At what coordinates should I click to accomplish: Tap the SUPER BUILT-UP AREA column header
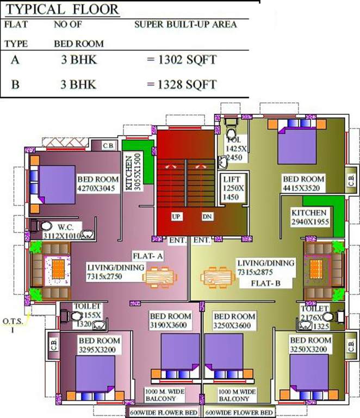tap(185, 25)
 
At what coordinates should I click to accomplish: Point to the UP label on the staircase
tap(176, 217)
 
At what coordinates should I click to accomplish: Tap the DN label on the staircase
tap(207, 217)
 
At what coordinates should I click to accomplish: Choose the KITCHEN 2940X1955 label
tap(309, 217)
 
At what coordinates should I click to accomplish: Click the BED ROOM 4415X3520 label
tap(303, 183)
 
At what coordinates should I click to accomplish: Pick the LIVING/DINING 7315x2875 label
tap(266, 267)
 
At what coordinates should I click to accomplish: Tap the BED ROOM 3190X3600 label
tap(171, 321)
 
